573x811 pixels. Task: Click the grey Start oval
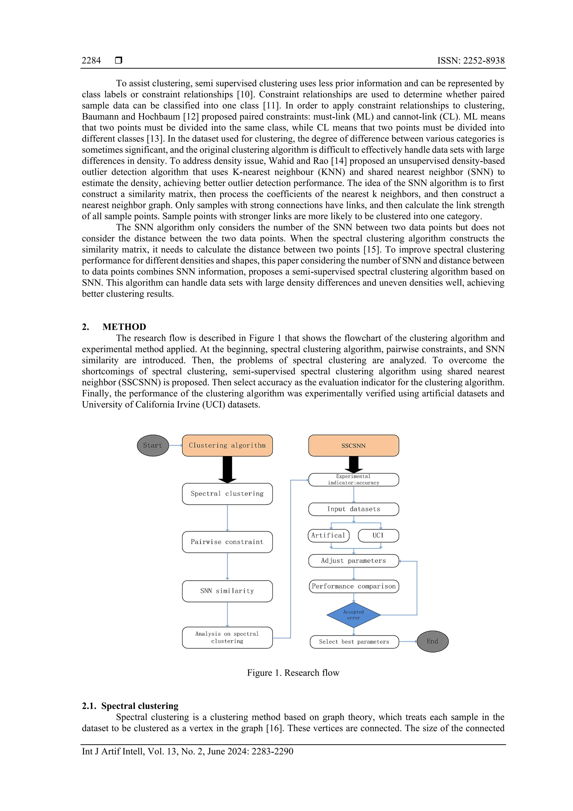coord(152,445)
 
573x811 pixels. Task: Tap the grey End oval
coord(433,641)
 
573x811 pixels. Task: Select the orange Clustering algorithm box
coord(227,445)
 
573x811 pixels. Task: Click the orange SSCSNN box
coord(353,445)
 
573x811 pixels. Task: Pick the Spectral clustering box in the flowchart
coord(227,494)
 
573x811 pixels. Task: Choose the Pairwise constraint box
coord(227,542)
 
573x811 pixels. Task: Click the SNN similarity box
coord(227,591)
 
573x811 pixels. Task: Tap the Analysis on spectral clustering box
coord(227,637)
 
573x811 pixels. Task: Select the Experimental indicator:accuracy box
coord(353,480)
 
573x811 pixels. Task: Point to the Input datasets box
coord(353,509)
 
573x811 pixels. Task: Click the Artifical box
coord(328,536)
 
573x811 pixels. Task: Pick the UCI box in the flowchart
coord(378,536)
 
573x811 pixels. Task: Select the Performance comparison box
coord(353,586)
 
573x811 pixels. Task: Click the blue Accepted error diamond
coord(353,615)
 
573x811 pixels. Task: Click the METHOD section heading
coord(124,327)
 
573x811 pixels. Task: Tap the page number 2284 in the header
coord(91,60)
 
